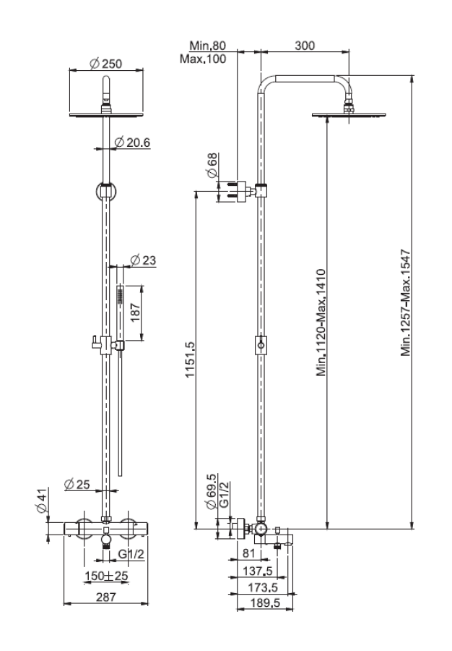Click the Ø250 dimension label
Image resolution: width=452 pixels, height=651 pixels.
(x=106, y=64)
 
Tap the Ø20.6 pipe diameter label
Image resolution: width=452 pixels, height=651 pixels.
(x=132, y=142)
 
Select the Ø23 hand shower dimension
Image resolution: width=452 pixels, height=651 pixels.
(x=144, y=260)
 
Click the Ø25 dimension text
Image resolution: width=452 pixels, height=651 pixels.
(x=77, y=484)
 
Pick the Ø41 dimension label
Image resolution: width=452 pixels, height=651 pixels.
(x=43, y=501)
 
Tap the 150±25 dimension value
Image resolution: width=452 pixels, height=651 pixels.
(x=106, y=576)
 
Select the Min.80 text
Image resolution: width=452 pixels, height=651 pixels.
(x=207, y=46)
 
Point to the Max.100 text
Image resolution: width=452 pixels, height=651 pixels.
(x=203, y=59)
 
